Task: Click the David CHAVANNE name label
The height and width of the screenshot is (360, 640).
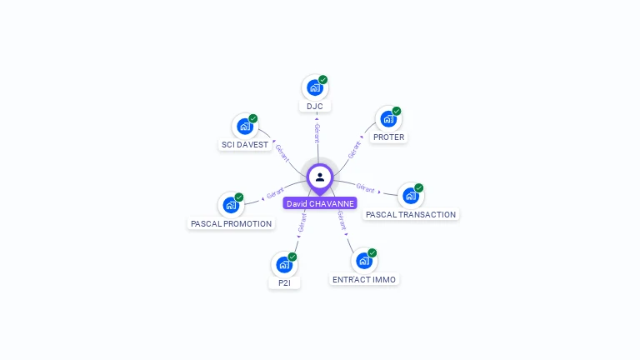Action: tap(320, 203)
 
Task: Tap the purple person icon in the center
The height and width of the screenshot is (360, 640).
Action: tap(320, 177)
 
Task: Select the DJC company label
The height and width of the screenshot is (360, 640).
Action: tap(314, 107)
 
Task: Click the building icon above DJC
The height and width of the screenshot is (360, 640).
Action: tap(314, 87)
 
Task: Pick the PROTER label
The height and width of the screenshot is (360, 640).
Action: tap(388, 137)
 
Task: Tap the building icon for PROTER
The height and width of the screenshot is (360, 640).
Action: tap(388, 118)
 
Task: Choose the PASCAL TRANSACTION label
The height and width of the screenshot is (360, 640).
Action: tap(411, 215)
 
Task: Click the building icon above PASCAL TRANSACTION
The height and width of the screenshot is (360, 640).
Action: tap(410, 196)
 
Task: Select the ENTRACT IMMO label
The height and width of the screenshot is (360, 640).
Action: tap(364, 280)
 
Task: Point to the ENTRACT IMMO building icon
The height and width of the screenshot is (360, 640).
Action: tap(363, 261)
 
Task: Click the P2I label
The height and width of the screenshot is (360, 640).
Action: tap(284, 283)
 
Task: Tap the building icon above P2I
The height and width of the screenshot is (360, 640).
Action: tap(284, 264)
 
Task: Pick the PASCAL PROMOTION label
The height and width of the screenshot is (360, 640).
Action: tap(231, 224)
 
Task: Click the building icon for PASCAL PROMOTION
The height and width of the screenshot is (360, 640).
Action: tap(230, 205)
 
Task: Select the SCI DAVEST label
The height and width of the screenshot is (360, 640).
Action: tap(245, 145)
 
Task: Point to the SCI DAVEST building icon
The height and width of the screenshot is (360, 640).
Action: tap(244, 126)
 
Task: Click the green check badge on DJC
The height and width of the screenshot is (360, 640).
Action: tap(323, 80)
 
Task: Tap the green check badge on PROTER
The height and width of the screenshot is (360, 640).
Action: tap(397, 111)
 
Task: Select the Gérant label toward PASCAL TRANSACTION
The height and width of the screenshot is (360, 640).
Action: tap(365, 187)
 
